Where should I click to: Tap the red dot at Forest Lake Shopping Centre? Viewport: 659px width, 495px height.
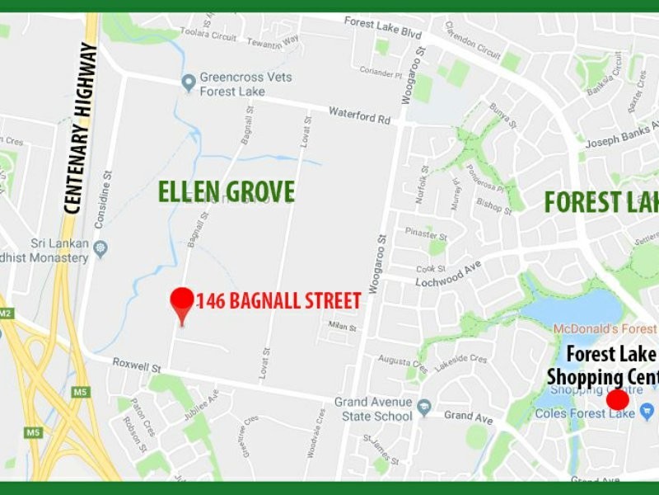617,400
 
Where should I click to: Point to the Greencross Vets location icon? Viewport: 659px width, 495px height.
188,81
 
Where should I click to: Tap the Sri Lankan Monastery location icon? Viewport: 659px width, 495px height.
101,247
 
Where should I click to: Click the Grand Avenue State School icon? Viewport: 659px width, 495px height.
423,407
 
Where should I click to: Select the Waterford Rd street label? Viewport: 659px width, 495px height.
359,115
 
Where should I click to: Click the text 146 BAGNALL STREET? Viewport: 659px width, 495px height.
279,300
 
